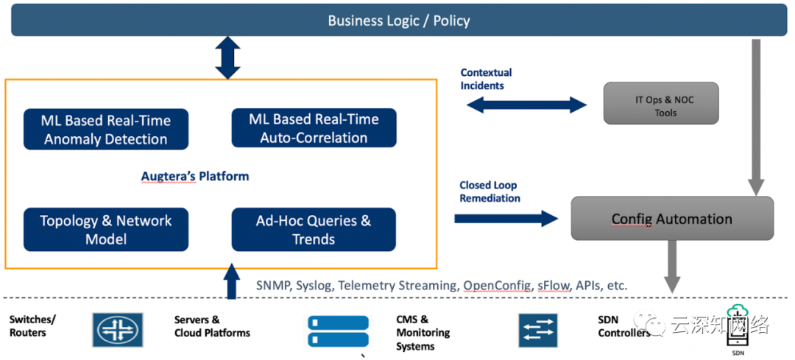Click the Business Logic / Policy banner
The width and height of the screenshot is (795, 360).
(398, 21)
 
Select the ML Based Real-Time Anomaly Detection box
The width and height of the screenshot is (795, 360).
(105, 130)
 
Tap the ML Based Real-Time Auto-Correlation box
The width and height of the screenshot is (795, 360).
(314, 128)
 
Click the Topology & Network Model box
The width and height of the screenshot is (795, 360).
(105, 230)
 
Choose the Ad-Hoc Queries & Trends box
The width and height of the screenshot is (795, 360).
(314, 230)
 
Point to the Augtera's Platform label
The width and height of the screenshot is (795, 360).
(195, 177)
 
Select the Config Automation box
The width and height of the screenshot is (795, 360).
(671, 219)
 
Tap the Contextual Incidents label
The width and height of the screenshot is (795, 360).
(486, 79)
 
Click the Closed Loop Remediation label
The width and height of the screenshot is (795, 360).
(490, 192)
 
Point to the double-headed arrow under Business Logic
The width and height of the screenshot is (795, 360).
(227, 58)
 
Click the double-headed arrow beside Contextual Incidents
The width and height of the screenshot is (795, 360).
(526, 105)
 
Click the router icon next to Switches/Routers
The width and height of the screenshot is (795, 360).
(118, 330)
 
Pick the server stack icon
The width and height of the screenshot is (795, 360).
(338, 332)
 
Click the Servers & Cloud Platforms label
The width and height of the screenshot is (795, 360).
(212, 326)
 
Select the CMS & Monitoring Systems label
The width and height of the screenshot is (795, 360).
(423, 333)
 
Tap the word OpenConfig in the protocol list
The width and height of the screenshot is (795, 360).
(496, 285)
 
